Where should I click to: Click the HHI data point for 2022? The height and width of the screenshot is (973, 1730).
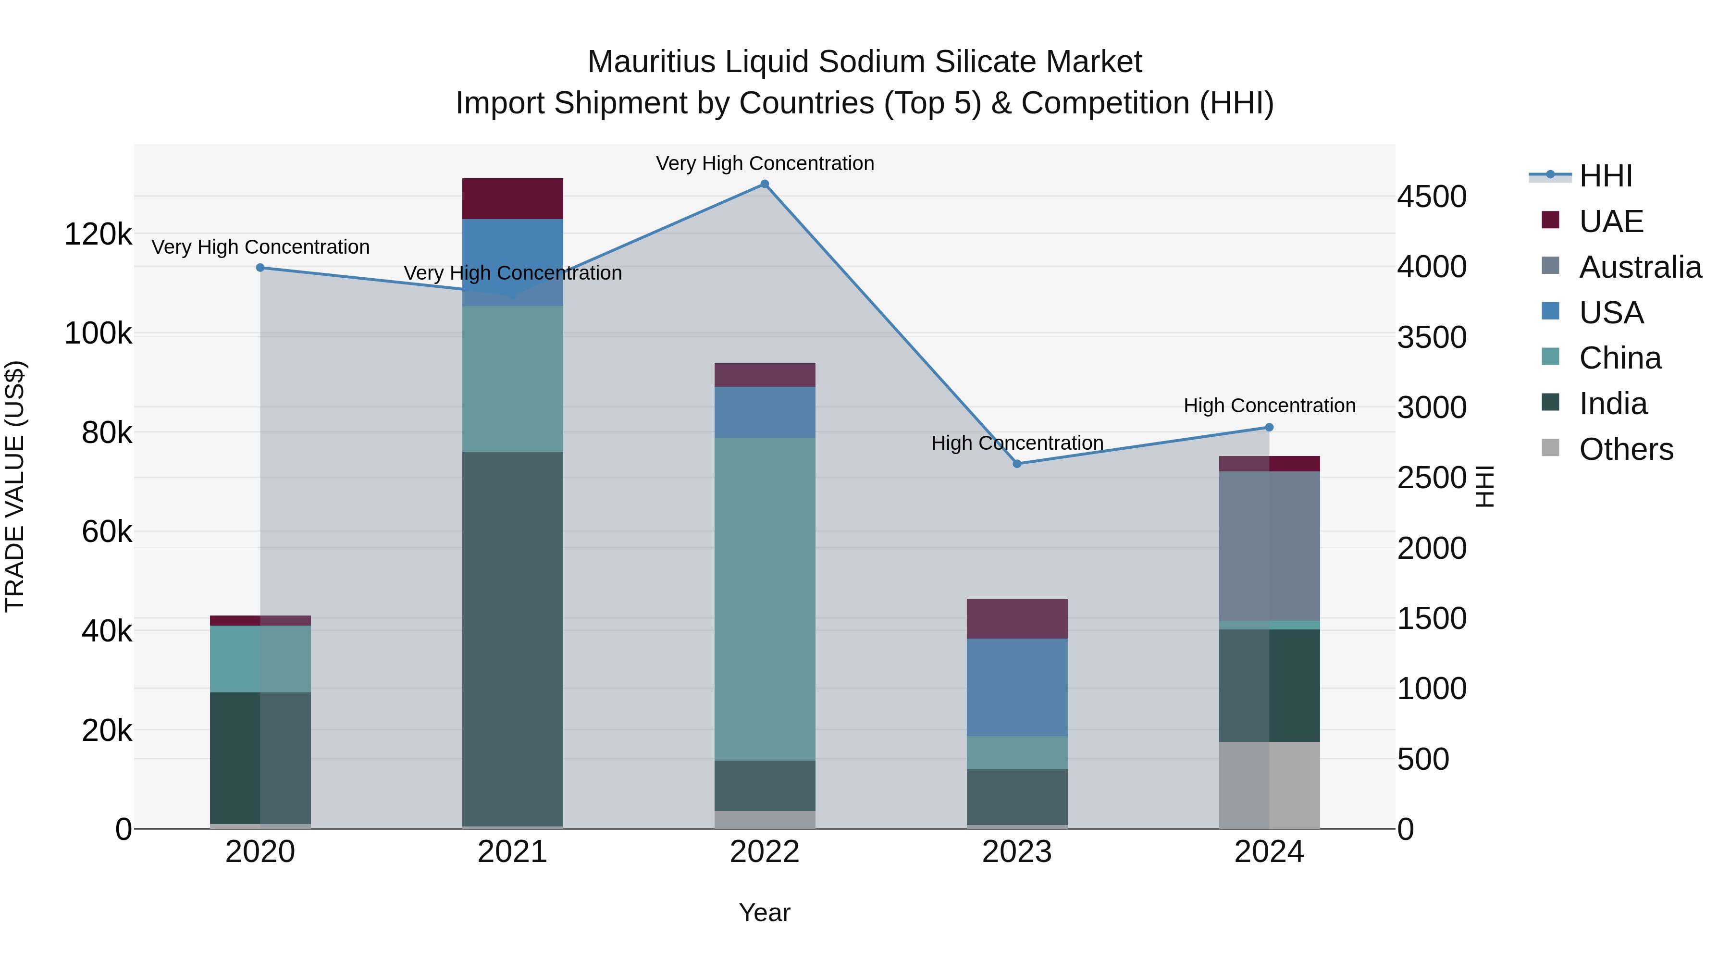click(764, 184)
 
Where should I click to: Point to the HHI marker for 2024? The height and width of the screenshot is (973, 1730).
click(1269, 428)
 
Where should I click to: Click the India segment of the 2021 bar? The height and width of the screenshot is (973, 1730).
click(512, 638)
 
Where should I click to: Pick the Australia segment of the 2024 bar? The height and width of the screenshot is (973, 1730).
click(1269, 545)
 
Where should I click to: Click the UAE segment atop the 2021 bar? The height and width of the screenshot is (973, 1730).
click(512, 199)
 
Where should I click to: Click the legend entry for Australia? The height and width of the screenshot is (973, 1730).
click(1639, 267)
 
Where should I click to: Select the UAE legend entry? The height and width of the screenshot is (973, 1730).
click(1610, 222)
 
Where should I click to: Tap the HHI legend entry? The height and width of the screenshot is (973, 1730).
click(1605, 176)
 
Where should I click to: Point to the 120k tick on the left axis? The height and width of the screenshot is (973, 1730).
click(98, 235)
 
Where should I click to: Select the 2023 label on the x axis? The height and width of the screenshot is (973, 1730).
click(1017, 852)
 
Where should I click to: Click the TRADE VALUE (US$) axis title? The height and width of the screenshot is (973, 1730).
click(15, 486)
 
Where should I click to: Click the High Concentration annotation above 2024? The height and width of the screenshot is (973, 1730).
click(1269, 406)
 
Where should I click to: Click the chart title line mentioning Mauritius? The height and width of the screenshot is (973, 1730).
click(865, 62)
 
